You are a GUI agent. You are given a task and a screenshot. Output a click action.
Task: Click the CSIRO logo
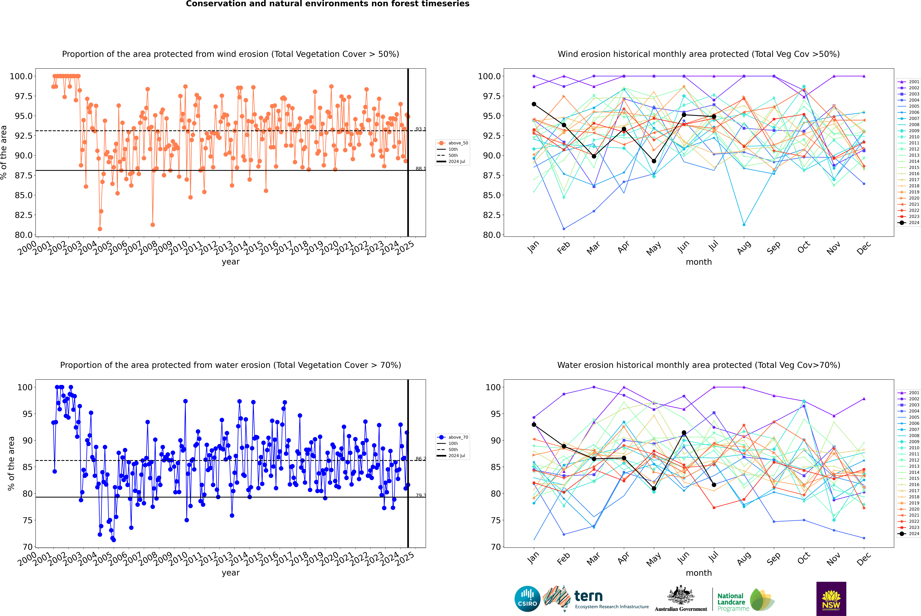[527, 599]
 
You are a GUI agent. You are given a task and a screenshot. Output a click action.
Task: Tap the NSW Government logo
[831, 599]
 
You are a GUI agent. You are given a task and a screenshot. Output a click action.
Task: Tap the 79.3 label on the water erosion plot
[421, 495]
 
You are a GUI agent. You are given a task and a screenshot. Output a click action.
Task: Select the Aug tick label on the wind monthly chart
[744, 247]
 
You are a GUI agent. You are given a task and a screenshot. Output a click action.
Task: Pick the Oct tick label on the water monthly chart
[804, 558]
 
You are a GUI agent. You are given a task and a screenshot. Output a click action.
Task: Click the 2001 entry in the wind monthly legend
[908, 82]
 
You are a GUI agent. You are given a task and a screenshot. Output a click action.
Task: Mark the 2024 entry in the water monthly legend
[908, 534]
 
